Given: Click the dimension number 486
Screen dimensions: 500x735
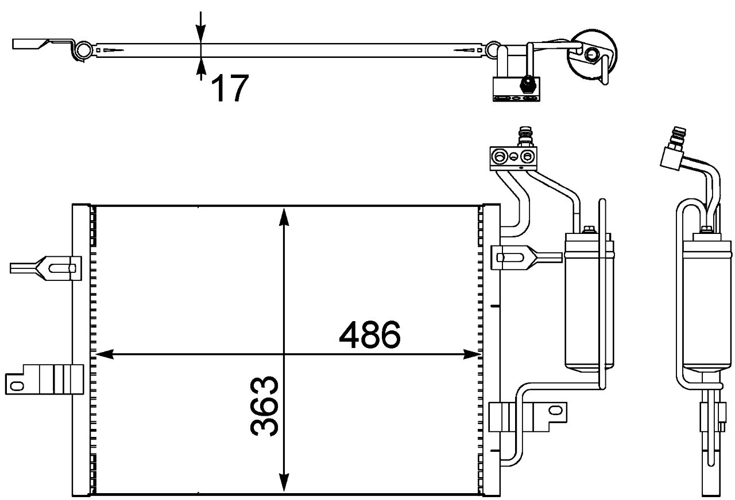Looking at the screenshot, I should [369, 336].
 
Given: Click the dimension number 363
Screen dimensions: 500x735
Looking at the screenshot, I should [265, 406].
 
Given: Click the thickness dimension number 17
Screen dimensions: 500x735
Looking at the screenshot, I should [230, 88].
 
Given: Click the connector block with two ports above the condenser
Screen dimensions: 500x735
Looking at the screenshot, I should [513, 157].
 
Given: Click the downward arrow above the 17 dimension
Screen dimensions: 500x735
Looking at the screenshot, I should [200, 32].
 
